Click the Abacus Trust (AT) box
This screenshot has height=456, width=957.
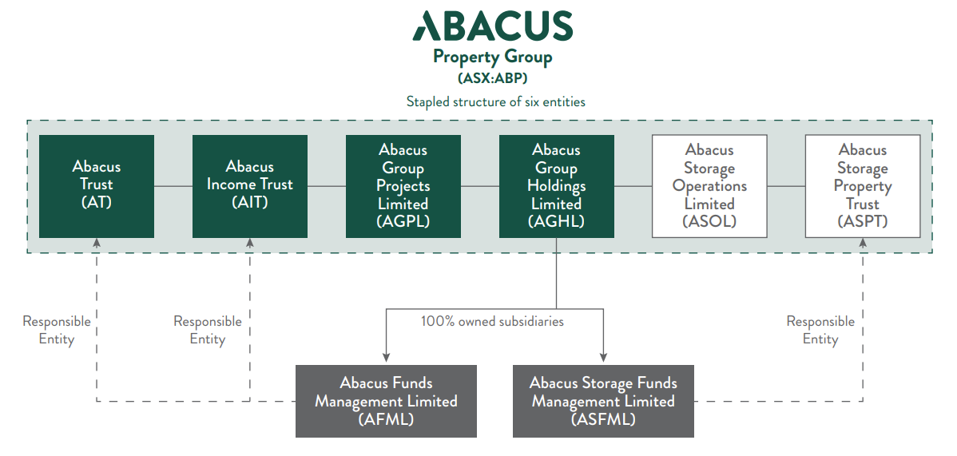tap(97, 186)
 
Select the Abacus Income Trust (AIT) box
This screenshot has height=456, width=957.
tap(249, 186)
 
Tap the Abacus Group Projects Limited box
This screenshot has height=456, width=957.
tap(403, 186)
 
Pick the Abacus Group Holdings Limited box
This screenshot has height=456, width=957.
tap(557, 186)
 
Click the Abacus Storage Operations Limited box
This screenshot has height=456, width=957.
tap(710, 186)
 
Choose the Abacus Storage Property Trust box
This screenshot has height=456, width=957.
tap(863, 186)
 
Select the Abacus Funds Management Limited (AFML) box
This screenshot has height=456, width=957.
tap(386, 401)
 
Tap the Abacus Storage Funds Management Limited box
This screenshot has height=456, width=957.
tap(603, 401)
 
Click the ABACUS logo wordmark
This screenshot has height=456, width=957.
tap(493, 26)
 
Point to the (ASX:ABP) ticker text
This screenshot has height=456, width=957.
tap(493, 79)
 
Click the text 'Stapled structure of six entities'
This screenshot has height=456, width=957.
tap(496, 102)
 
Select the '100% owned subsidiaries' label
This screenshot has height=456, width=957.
tap(493, 321)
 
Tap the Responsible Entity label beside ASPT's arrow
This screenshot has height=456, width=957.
tap(820, 331)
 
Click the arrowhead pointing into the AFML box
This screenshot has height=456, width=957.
tap(386, 358)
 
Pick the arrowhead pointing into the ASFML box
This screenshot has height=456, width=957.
tap(604, 358)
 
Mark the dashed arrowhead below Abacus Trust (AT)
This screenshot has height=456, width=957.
tap(97, 243)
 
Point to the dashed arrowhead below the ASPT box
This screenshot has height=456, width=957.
tap(863, 243)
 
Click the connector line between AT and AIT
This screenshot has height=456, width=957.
tap(173, 185)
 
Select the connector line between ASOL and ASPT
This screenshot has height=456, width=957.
tap(786, 185)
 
